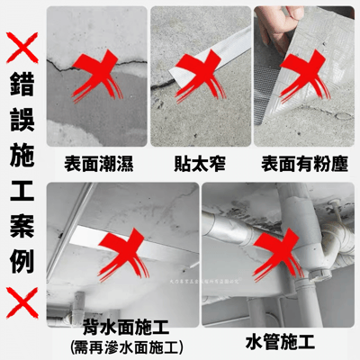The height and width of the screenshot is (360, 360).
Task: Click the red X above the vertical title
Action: pyautogui.click(x=21, y=46)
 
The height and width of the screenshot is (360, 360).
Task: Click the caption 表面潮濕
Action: pyautogui.click(x=97, y=164)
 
